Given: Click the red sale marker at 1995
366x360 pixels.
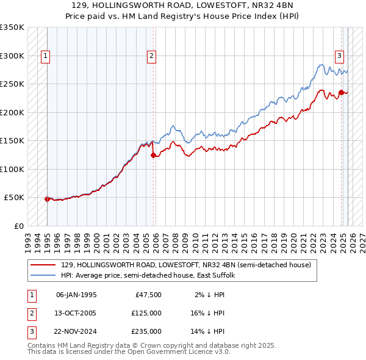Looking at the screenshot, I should pos(47,199).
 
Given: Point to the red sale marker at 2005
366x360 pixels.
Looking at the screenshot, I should pos(153,155).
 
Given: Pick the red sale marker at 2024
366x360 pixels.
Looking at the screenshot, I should pos(341,93).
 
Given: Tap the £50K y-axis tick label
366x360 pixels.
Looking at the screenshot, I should pos(13,198).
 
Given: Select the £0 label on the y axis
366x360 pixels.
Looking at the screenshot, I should pos(18,226).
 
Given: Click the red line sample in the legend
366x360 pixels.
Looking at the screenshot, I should pos(43,265).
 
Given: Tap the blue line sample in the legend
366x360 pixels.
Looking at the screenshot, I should pos(43,275).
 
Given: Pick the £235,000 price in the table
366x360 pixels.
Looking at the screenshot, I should pos(146,331).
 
